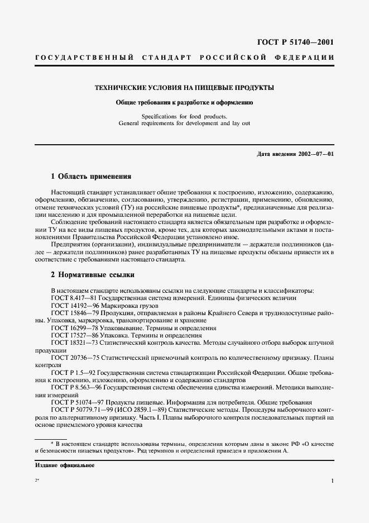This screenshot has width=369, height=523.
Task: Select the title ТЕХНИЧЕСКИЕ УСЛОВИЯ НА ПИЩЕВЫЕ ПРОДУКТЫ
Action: (184, 88)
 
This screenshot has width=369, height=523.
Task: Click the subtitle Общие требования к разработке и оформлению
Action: (184, 102)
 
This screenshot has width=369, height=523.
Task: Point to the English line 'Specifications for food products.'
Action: (184, 116)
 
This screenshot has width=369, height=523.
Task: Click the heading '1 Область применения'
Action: (90, 176)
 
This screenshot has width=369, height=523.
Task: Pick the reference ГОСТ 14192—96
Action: (75, 306)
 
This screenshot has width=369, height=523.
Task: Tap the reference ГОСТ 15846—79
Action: (75, 314)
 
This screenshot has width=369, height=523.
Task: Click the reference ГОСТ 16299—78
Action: (75, 329)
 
